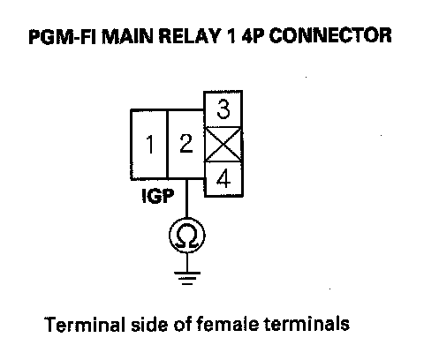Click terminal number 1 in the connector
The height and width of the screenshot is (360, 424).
coord(149,145)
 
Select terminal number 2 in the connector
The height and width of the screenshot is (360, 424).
coord(185,145)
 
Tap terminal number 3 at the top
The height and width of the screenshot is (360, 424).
coord(223,109)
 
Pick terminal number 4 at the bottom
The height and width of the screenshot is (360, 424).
coord(223,179)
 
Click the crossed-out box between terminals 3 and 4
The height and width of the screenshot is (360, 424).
coord(223,145)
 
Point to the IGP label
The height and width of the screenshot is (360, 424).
coord(158,196)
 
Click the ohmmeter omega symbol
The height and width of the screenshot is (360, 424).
coord(187,236)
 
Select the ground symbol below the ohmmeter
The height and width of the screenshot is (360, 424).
coord(187,278)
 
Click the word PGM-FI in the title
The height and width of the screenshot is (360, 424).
coord(63,36)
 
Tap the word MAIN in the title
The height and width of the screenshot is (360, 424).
coord(127,36)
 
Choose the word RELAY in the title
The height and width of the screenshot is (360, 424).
coord(190,36)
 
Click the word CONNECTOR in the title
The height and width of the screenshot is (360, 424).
coord(330,36)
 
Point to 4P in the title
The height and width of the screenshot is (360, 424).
coord(253,36)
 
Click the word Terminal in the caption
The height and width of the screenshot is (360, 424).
coord(83,325)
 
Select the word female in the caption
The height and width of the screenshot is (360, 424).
coord(227,324)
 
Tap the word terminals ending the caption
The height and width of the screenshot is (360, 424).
coord(307,324)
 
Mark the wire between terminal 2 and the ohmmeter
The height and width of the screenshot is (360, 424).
coord(186,199)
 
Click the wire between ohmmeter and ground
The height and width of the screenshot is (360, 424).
coord(187,262)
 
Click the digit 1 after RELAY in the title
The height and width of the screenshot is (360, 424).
coord(231,36)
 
